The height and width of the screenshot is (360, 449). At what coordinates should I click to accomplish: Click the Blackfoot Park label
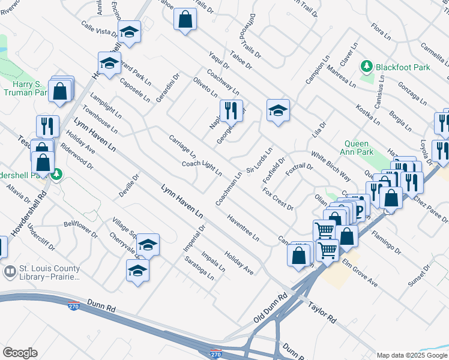click(x=403, y=68)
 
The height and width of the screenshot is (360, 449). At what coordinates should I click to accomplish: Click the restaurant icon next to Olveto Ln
click(x=228, y=110)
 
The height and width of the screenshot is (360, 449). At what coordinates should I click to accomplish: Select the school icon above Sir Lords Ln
click(x=278, y=110)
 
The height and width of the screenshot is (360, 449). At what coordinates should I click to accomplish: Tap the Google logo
click(x=20, y=353)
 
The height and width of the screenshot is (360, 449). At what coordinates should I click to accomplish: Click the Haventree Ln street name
click(x=243, y=229)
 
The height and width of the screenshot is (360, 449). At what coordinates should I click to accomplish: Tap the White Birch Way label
click(x=330, y=165)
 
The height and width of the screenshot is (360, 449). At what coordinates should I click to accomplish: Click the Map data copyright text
click(x=412, y=355)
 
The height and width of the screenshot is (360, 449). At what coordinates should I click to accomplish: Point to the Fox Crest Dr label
click(x=277, y=199)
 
